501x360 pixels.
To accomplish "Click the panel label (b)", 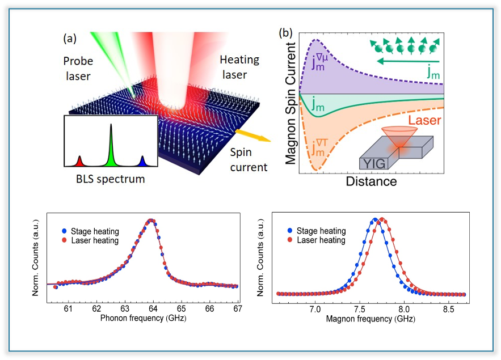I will [285, 33].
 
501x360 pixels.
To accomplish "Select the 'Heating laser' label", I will [239, 66].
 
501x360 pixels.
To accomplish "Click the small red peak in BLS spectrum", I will [79, 162].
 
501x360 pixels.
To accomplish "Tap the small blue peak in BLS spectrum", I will [142, 162].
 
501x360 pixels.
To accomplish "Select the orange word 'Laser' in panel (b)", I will [420, 120].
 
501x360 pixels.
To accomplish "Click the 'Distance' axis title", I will [371, 182].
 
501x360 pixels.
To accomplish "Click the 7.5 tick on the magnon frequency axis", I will [359, 310].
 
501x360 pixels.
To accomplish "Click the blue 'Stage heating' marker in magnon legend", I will [291, 231].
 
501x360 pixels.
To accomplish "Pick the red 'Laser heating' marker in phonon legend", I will [65, 240].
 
